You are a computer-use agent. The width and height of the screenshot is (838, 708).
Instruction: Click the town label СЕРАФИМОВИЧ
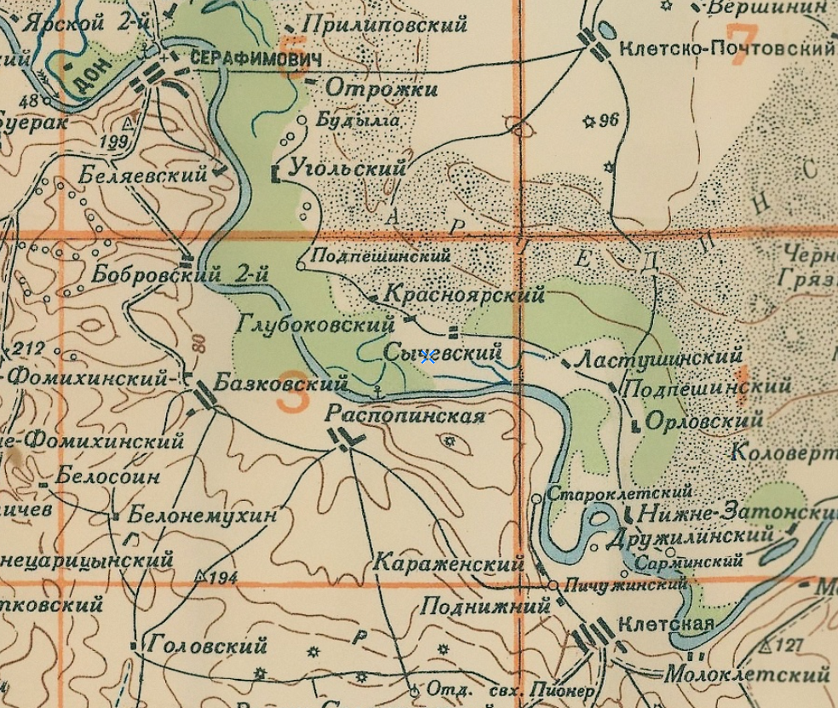[256, 60]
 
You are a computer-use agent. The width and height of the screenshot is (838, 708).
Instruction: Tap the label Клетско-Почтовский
[726, 49]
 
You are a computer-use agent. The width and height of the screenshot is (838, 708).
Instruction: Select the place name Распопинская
[405, 416]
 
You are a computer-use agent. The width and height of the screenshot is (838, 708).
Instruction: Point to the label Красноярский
[464, 295]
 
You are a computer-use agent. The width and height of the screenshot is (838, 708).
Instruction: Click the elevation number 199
[113, 141]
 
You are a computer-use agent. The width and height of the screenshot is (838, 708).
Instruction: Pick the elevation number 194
[222, 578]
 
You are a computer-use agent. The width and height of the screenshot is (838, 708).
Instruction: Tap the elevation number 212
[28, 348]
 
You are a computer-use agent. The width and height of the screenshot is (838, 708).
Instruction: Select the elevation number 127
[789, 645]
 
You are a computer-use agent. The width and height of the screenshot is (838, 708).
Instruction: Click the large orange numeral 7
[743, 40]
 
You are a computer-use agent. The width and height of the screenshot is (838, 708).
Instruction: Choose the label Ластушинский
[659, 359]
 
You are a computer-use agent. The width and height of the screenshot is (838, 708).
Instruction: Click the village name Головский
[207, 646]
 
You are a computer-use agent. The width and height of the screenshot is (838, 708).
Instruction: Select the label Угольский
[347, 168]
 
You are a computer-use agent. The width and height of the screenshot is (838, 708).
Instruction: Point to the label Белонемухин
[203, 515]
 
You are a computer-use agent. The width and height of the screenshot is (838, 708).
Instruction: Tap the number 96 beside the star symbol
[608, 120]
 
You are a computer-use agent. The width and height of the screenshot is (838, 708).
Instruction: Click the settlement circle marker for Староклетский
[537, 498]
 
